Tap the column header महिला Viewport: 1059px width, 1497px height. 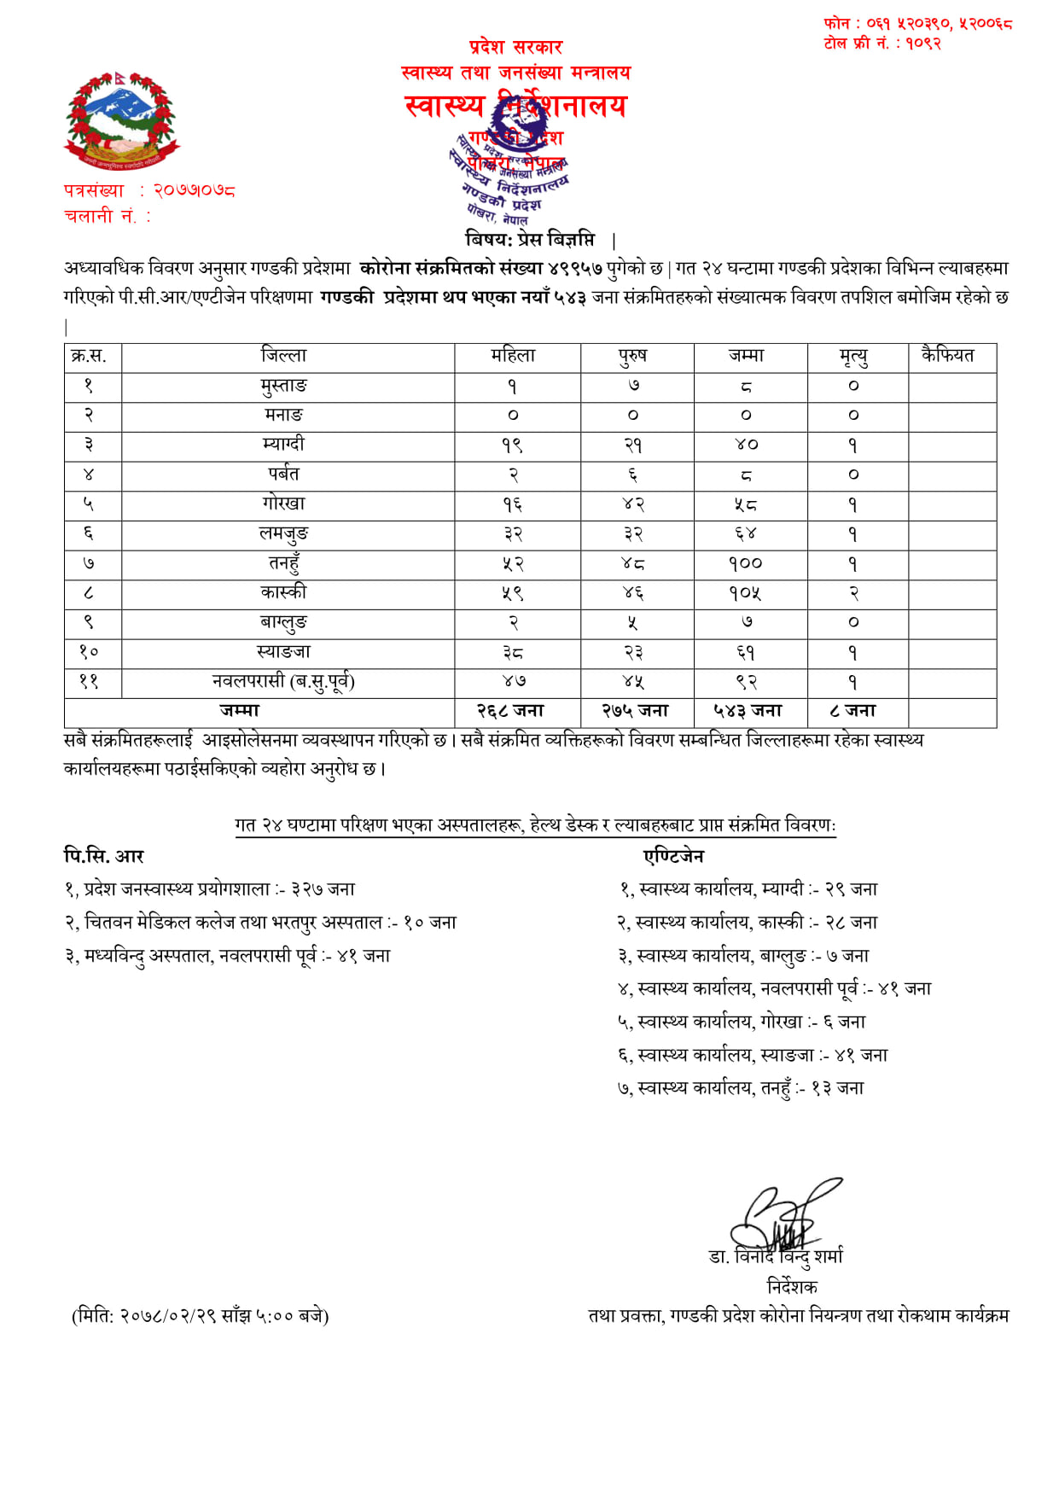pyautogui.click(x=513, y=356)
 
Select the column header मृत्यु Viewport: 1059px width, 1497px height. pyautogui.click(x=853, y=356)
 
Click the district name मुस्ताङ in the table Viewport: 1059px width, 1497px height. pyautogui.click(x=284, y=386)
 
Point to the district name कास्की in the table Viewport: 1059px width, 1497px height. pyautogui.click(x=284, y=592)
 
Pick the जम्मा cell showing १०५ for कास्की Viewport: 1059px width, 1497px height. pyautogui.click(x=746, y=593)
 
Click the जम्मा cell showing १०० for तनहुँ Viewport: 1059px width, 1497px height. pyautogui.click(x=746, y=563)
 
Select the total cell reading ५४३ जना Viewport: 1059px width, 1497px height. pyautogui.click(x=748, y=711)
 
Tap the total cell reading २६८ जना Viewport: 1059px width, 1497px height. pyautogui.click(x=510, y=711)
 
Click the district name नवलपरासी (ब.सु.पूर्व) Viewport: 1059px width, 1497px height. pyautogui.click(x=284, y=681)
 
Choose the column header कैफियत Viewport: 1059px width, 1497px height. pyautogui.click(x=947, y=356)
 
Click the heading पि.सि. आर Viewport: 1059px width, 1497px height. pyautogui.click(x=104, y=856)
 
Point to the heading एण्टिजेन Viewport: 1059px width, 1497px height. pyautogui.click(x=674, y=856)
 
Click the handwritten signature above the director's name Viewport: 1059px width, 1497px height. pyautogui.click(x=781, y=1216)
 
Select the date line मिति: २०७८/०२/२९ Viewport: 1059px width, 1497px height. pyautogui.click(x=201, y=1316)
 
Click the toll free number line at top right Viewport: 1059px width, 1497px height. pyautogui.click(x=882, y=44)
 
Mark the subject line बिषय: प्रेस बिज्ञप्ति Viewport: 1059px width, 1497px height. pyautogui.click(x=531, y=240)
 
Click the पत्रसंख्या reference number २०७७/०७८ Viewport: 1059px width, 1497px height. pyautogui.click(x=195, y=190)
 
